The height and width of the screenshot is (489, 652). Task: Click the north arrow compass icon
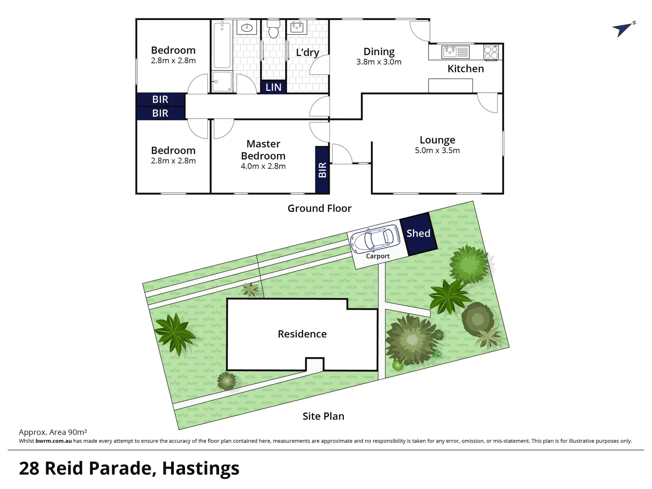click(623, 29)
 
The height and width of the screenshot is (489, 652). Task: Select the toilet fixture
click(273, 29)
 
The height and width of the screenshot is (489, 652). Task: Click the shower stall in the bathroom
click(222, 82)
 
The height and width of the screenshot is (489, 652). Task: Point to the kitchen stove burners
click(491, 53)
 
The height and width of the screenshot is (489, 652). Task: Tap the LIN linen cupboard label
click(273, 87)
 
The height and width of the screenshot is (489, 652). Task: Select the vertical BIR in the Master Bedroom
click(322, 170)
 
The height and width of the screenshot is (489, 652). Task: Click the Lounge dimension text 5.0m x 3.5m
click(437, 151)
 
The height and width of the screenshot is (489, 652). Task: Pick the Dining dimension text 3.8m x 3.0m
click(379, 62)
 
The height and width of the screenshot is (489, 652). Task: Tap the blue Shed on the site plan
click(418, 234)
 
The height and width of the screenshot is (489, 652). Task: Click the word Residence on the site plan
click(302, 334)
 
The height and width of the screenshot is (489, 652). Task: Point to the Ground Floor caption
click(319, 208)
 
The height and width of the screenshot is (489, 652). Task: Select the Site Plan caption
click(323, 416)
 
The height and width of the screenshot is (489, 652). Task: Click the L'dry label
click(307, 53)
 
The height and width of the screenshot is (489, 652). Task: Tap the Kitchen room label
click(465, 69)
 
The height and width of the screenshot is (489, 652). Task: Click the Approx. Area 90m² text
click(53, 432)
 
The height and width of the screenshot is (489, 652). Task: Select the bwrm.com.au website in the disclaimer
click(53, 441)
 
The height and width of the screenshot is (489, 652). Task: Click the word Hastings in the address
click(201, 468)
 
